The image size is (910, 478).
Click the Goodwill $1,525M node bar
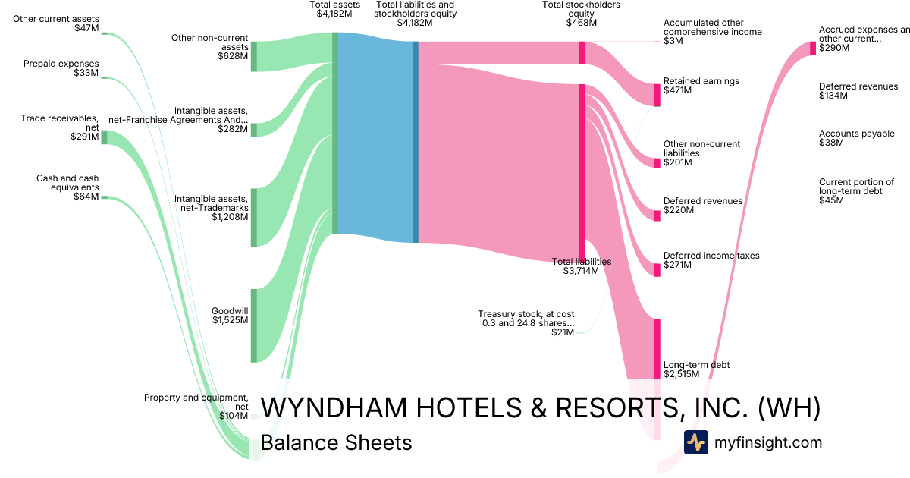(254, 325)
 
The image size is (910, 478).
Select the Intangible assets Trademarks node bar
(254, 217)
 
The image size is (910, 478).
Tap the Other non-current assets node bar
(254, 56)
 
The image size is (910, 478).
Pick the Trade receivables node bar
(105, 137)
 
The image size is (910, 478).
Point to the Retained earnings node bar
(657, 95)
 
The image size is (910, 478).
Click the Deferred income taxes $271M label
(711, 260)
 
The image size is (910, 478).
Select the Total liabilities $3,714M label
(581, 266)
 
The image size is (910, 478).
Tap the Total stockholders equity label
(581, 14)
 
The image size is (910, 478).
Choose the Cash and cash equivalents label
(67, 187)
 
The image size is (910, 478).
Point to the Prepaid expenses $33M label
(71, 68)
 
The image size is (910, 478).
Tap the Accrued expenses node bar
(813, 48)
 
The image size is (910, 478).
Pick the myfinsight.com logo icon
(695, 442)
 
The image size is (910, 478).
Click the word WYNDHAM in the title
(334, 408)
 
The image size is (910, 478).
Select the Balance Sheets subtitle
(336, 442)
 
